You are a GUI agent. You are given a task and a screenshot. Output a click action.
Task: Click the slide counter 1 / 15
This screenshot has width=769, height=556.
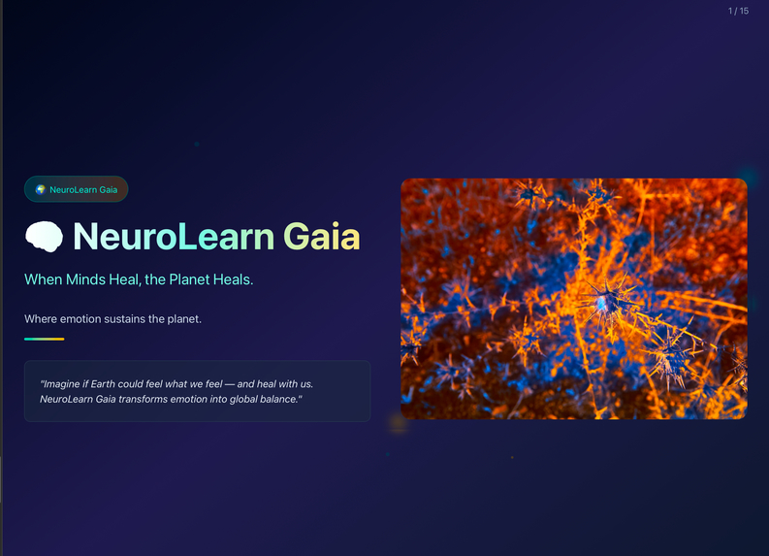[x=738, y=11]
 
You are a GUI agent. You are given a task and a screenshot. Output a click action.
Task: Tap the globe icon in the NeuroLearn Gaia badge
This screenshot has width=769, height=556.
[x=40, y=189]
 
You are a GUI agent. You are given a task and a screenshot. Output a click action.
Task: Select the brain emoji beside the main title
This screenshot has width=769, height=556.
[x=44, y=237]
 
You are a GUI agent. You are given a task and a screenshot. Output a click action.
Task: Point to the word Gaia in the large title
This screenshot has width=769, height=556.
[x=321, y=237]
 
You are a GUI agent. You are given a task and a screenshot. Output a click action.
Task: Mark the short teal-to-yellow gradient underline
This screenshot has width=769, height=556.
[x=44, y=339]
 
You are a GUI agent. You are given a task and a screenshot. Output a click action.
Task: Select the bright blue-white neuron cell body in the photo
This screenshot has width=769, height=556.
[x=601, y=304]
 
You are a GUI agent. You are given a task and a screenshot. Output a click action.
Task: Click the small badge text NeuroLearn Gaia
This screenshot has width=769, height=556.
[x=83, y=189]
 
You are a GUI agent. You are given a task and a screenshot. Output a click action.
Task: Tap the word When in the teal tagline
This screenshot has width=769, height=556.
[x=43, y=279]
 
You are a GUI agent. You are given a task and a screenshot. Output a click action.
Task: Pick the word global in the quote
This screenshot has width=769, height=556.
[x=241, y=399]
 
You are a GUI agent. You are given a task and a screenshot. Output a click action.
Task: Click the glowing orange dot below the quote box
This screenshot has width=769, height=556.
[x=398, y=422]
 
